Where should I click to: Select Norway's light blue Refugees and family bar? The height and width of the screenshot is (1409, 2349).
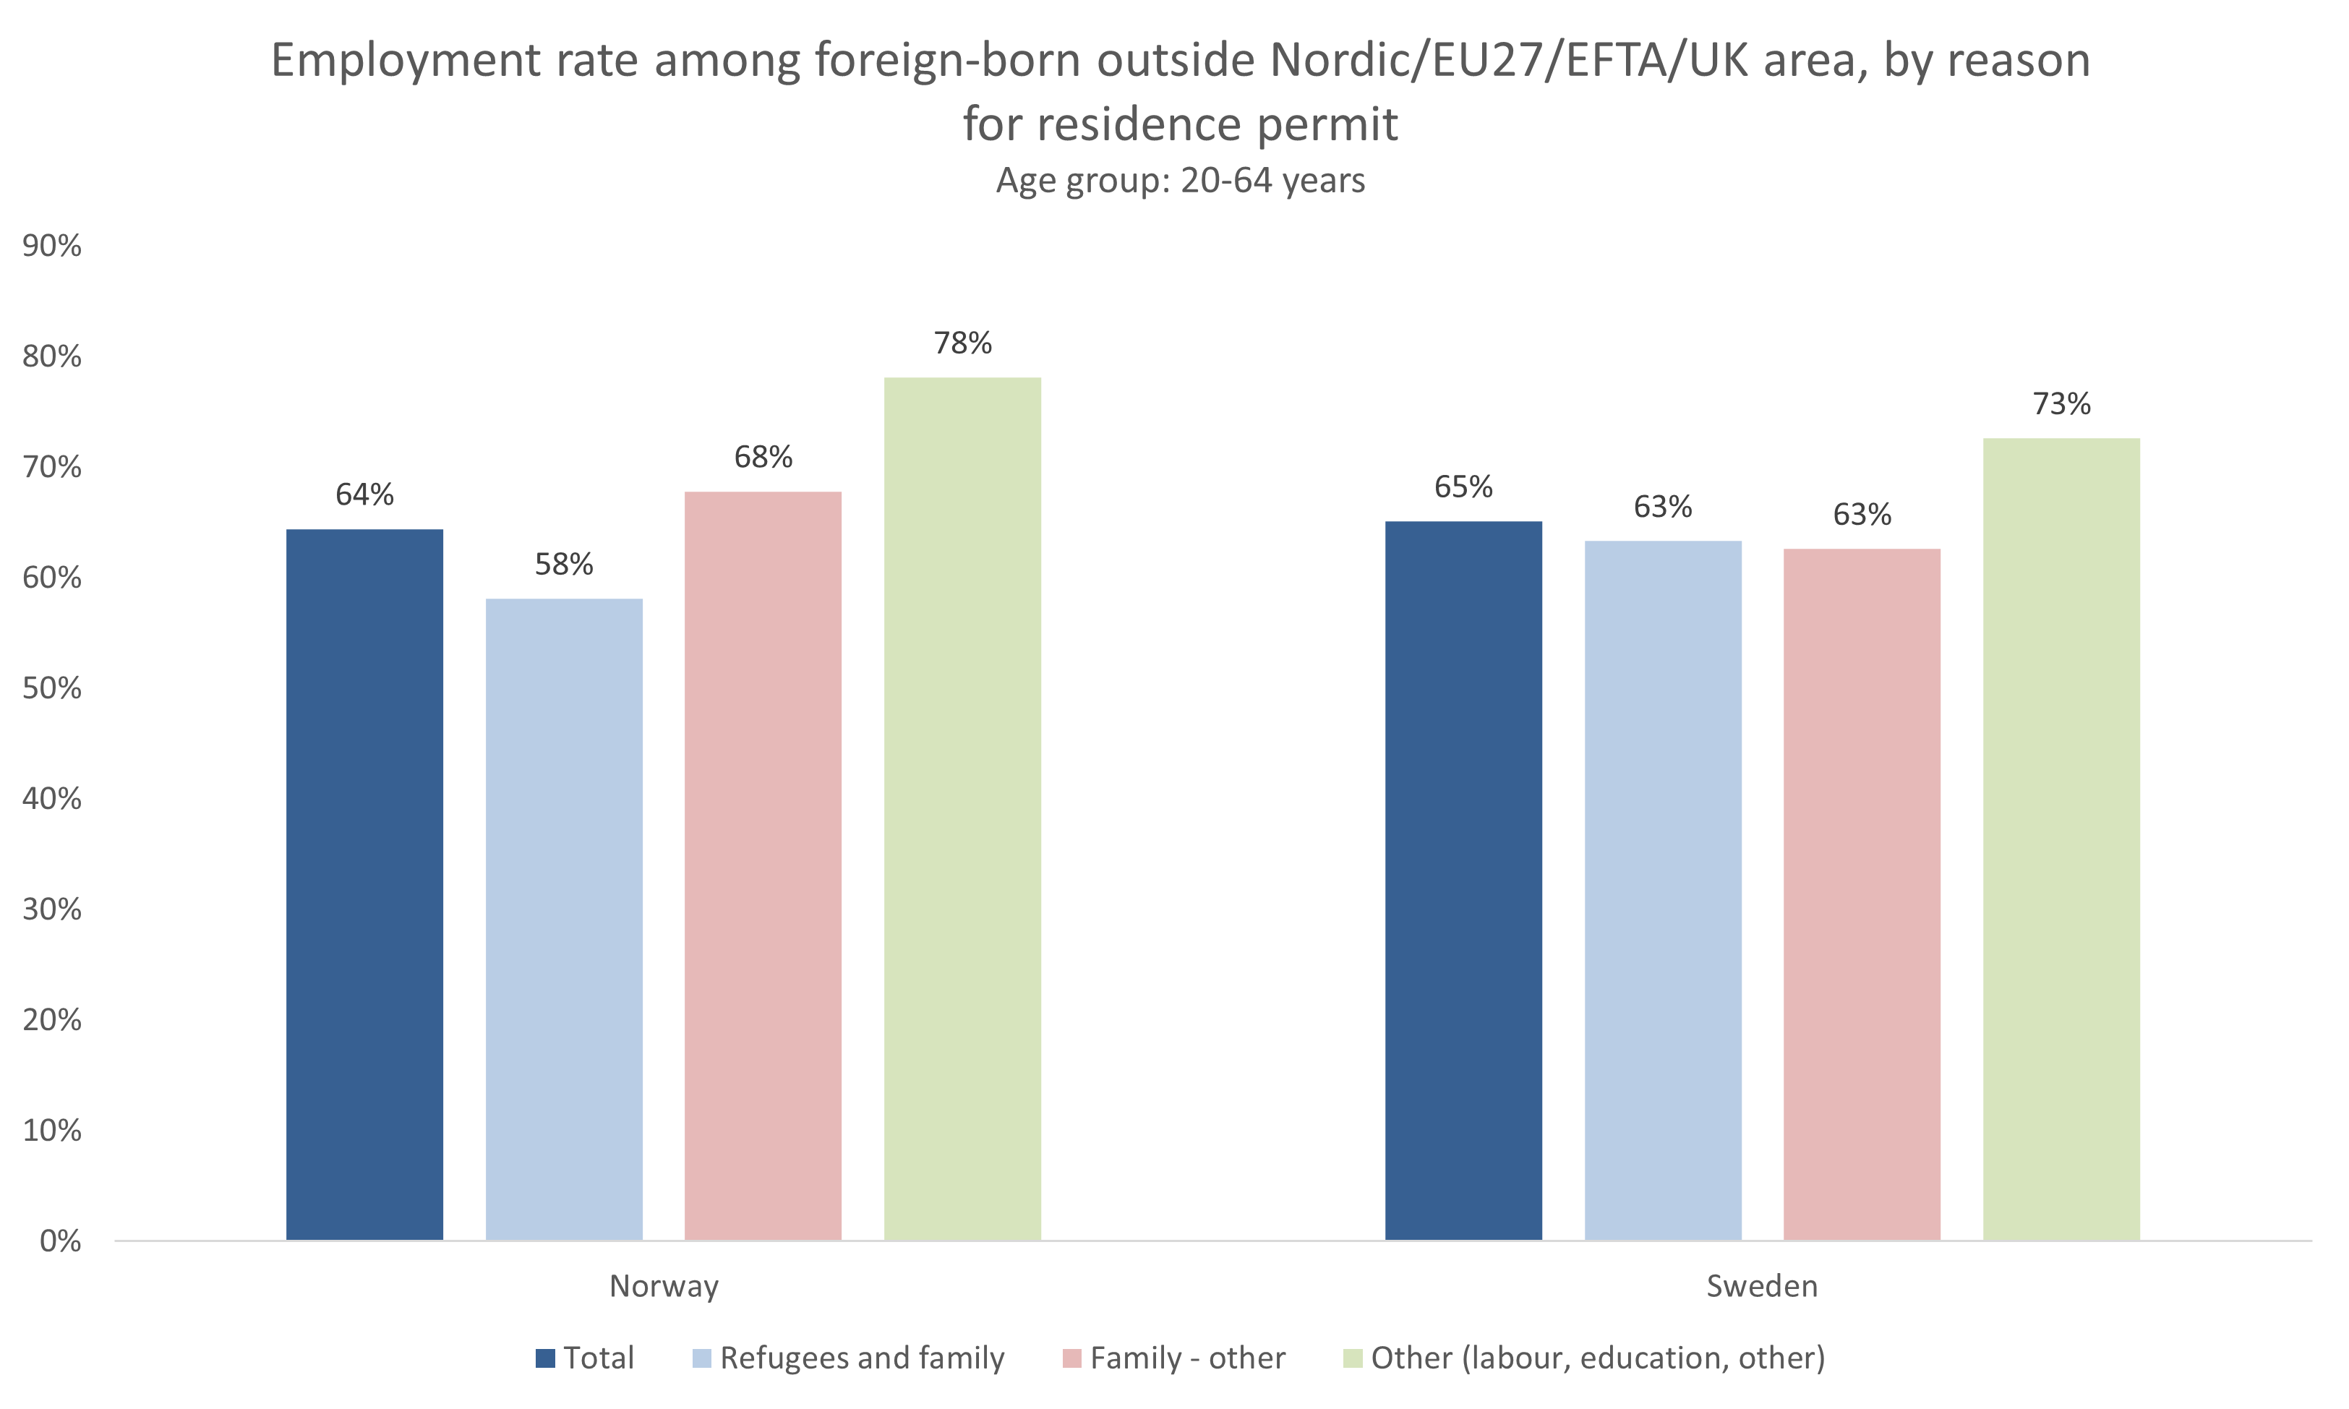click(x=564, y=919)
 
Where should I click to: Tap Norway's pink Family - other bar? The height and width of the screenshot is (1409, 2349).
click(x=763, y=865)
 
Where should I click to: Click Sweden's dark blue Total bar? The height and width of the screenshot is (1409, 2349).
click(x=1463, y=880)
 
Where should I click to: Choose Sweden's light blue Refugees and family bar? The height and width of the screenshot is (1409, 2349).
click(x=1663, y=890)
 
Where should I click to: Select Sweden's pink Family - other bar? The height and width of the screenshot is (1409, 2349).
click(x=1862, y=894)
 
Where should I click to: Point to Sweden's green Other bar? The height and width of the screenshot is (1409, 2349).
click(x=2061, y=839)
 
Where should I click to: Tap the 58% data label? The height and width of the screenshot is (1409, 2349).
click(x=564, y=565)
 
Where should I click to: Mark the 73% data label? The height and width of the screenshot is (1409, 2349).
click(x=2061, y=404)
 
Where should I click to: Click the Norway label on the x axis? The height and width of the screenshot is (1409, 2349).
click(x=664, y=1285)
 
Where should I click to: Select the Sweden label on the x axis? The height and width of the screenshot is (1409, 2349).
click(x=1762, y=1285)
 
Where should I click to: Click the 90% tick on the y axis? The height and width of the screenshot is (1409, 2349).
click(x=52, y=246)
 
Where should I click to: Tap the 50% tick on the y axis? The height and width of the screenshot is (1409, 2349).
click(x=52, y=688)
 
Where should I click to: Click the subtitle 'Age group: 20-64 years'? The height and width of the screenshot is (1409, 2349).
click(x=1180, y=181)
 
